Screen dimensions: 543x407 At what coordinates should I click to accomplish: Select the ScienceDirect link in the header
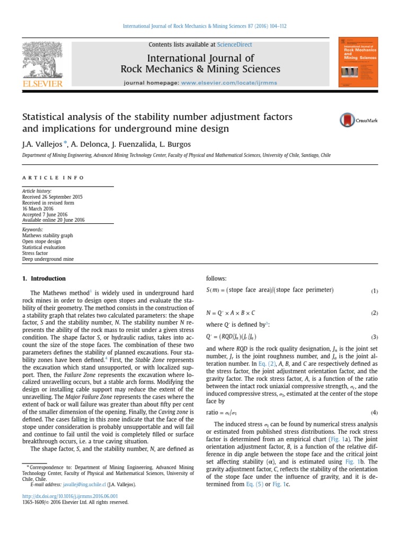point(235,45)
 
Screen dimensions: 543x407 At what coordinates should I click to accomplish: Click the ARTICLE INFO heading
point(52,178)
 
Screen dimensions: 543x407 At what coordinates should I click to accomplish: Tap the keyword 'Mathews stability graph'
point(47,235)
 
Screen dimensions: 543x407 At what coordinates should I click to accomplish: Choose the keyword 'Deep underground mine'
point(48,259)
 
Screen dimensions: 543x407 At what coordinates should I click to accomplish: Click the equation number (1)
point(374,291)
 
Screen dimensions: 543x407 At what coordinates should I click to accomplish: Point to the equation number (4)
point(374,413)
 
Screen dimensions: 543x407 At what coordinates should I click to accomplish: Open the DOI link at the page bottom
point(70,496)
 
